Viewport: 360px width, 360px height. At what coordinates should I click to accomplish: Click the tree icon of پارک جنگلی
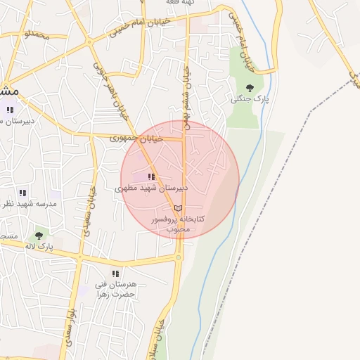coord(250,88)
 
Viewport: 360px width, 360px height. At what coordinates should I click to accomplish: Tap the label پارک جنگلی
coord(250,99)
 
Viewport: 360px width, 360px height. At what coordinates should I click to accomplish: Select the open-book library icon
coord(178,209)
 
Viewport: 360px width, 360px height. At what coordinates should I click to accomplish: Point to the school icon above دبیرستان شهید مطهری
coord(151,177)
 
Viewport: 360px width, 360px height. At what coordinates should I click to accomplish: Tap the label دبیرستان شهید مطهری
coord(151,188)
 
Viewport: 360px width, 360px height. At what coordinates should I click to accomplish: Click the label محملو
coord(37,33)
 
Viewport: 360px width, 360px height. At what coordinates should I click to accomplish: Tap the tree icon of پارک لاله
coord(39,236)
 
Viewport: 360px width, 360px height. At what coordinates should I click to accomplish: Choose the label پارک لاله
coord(39,246)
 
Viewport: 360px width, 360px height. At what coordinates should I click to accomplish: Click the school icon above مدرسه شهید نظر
coord(23,193)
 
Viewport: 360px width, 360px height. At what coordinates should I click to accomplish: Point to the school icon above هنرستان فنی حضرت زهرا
coord(115,274)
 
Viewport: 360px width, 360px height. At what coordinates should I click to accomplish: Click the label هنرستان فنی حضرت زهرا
coord(115,290)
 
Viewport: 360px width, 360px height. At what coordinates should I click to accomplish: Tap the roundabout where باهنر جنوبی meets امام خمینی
coord(89,42)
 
